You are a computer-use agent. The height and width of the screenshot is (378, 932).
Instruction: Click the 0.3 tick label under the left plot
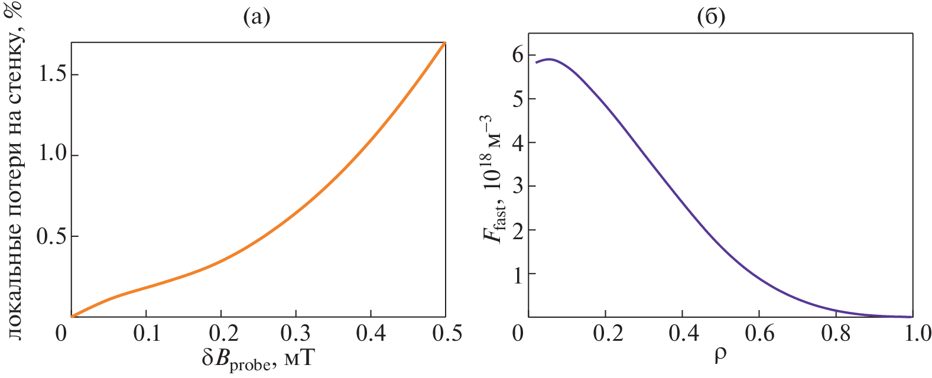pyautogui.click(x=296, y=334)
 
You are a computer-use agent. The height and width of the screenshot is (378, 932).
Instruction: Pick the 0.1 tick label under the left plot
pyautogui.click(x=146, y=334)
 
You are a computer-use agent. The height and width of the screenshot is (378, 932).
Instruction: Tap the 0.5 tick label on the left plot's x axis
pyautogui.click(x=446, y=334)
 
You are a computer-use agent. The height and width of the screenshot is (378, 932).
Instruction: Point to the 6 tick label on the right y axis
pyautogui.click(x=518, y=55)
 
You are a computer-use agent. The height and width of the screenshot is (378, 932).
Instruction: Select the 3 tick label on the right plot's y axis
pyautogui.click(x=518, y=187)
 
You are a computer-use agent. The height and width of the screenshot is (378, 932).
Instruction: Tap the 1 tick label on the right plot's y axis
pyautogui.click(x=518, y=274)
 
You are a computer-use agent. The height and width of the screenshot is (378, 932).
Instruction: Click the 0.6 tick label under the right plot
pyautogui.click(x=759, y=334)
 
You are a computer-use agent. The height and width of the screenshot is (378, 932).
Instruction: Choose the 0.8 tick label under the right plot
pyautogui.click(x=836, y=334)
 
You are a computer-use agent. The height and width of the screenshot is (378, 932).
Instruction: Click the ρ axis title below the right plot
pyautogui.click(x=720, y=356)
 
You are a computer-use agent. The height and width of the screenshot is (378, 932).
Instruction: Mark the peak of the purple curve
pyautogui.click(x=550, y=59)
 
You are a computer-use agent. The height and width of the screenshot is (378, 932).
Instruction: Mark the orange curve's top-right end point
pyautogui.click(x=445, y=43)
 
